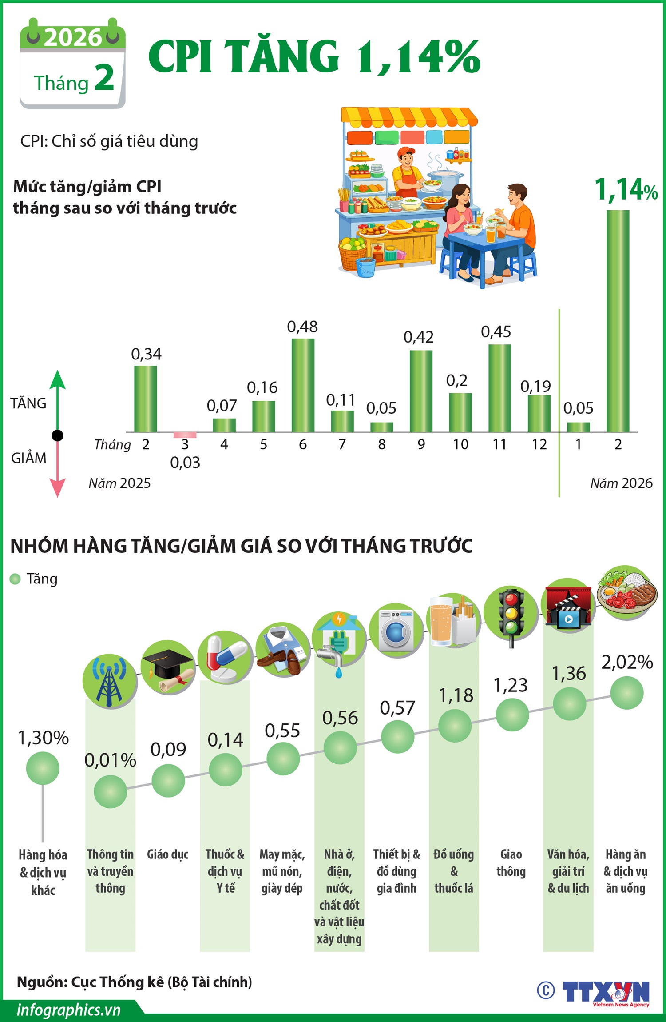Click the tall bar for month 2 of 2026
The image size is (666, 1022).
pyautogui.click(x=618, y=320)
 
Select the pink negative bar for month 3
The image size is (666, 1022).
pyautogui.click(x=185, y=435)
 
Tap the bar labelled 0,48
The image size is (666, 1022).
pyautogui.click(x=303, y=385)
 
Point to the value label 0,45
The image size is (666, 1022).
pyautogui.click(x=496, y=332)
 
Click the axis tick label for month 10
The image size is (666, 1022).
pyautogui.click(x=460, y=444)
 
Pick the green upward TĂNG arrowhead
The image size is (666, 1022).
pyautogui.click(x=58, y=380)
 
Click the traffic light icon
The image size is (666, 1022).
pyautogui.click(x=511, y=613)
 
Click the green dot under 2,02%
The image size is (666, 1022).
pyautogui.click(x=626, y=693)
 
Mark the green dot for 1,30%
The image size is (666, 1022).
pyautogui.click(x=43, y=768)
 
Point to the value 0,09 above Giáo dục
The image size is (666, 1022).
pyautogui.click(x=168, y=750)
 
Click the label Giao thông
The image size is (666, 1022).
pyautogui.click(x=511, y=862)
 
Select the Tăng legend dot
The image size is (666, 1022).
pyautogui.click(x=15, y=579)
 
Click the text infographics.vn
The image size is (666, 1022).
pyautogui.click(x=69, y=1010)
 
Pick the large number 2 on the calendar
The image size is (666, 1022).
pyautogui.click(x=104, y=77)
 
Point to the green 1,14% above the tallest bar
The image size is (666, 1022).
pyautogui.click(x=626, y=190)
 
